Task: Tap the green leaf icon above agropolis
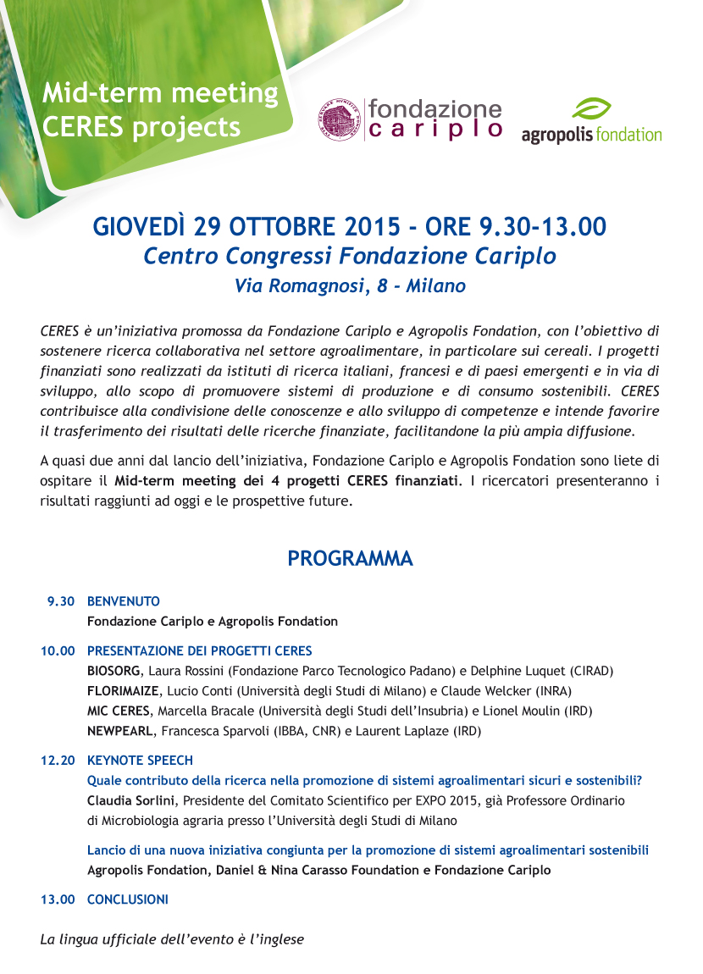tap(591, 109)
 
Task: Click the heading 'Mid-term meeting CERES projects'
tap(160, 109)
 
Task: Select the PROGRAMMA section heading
tap(350, 559)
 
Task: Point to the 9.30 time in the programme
tap(61, 601)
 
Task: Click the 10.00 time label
tap(58, 651)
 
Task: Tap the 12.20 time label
tap(58, 761)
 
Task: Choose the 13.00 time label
tap(58, 899)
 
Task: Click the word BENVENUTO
tap(124, 601)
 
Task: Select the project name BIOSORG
tap(113, 671)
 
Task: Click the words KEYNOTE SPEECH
tap(140, 761)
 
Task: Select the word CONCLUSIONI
tap(128, 899)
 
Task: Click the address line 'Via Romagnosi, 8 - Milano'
tap(350, 286)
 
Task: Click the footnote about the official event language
tap(172, 939)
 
